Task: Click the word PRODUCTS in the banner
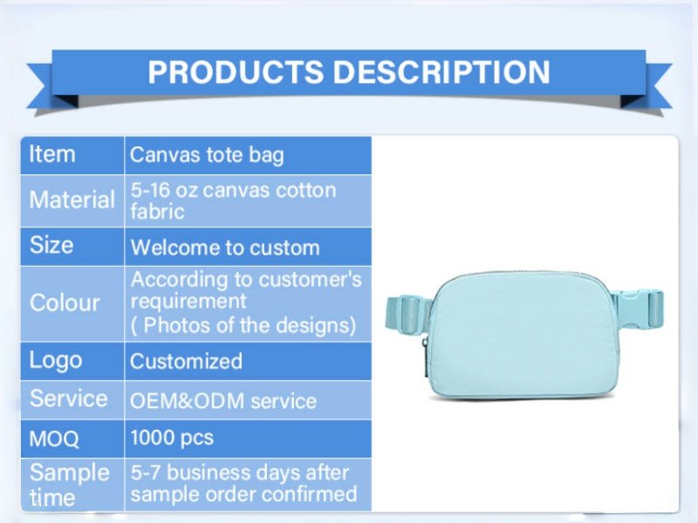(x=236, y=71)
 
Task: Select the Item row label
(x=52, y=154)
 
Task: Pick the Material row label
(x=72, y=200)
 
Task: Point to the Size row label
(x=51, y=245)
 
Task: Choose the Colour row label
(x=65, y=302)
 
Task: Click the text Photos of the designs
(x=249, y=325)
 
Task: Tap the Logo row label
(x=56, y=361)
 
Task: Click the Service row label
(x=69, y=398)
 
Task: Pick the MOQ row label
(x=54, y=439)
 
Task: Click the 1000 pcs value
(x=172, y=438)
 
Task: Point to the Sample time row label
(x=70, y=485)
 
